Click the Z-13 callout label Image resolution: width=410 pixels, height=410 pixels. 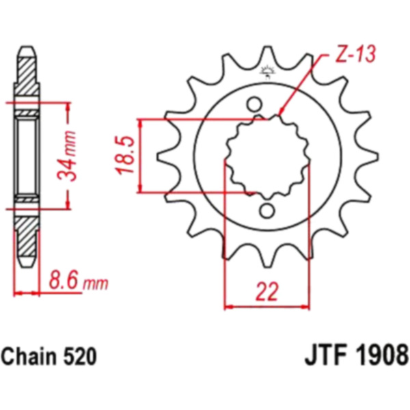(x=355, y=55)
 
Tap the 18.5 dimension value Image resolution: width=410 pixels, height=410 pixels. (x=126, y=155)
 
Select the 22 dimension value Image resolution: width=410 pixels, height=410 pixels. (x=266, y=291)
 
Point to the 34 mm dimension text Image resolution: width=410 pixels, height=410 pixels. (x=67, y=155)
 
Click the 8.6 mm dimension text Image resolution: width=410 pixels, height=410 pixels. (x=79, y=282)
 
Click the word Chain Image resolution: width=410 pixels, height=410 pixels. (x=27, y=356)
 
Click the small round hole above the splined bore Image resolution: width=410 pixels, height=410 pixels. (x=254, y=104)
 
